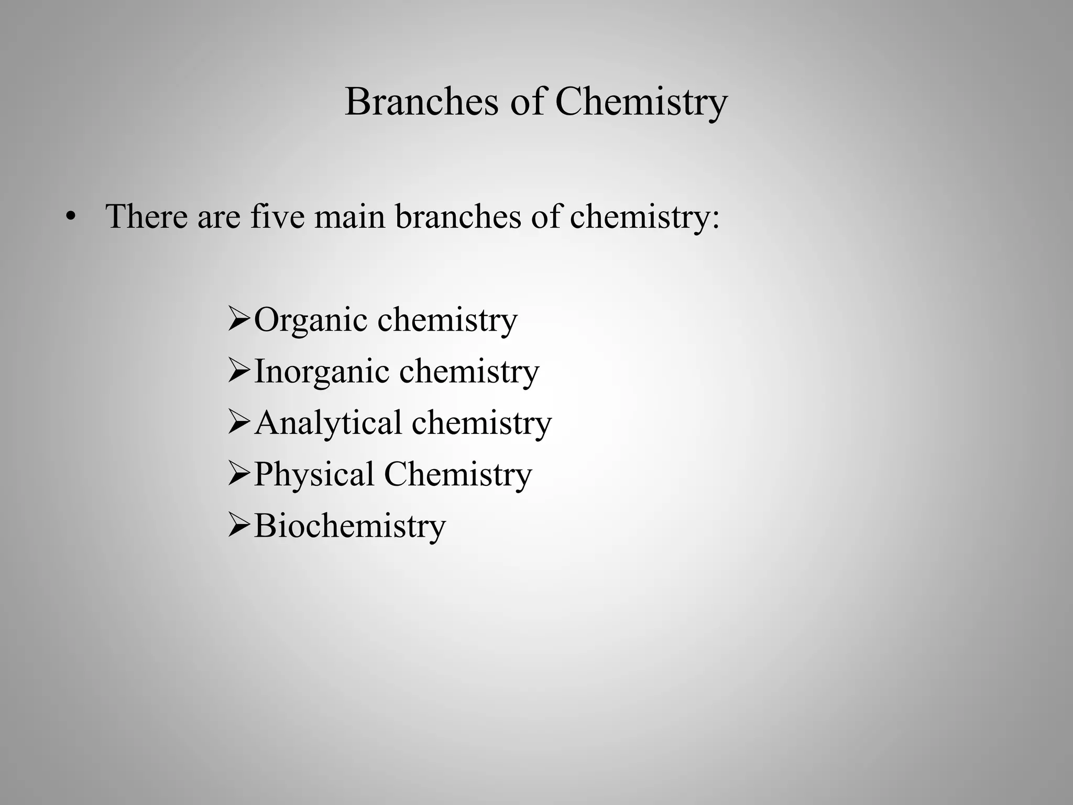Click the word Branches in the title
(421, 101)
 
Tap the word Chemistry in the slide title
(641, 102)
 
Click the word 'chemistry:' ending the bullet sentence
(644, 217)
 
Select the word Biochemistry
(349, 526)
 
